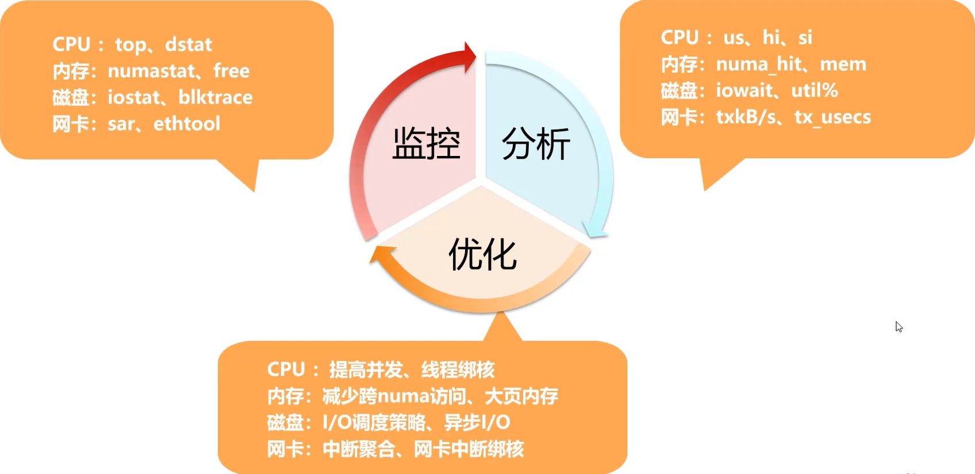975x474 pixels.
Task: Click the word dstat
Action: (x=188, y=44)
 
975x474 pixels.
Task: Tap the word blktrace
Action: (x=215, y=97)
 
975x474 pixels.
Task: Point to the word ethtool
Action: (x=186, y=124)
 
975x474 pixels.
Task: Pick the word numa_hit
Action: (x=758, y=64)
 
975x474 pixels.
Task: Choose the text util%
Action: (x=814, y=90)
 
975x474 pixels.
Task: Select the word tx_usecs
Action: (x=832, y=117)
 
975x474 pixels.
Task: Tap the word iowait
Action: (x=744, y=90)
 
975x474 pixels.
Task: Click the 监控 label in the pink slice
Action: (x=426, y=144)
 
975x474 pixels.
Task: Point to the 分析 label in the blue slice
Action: (x=536, y=144)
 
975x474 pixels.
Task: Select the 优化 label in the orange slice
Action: (x=482, y=254)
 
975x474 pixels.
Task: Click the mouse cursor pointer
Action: (x=899, y=327)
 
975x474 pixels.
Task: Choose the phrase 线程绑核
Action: (x=458, y=369)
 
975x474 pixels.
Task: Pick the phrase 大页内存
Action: (x=521, y=396)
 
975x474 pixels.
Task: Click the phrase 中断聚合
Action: (x=359, y=449)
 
